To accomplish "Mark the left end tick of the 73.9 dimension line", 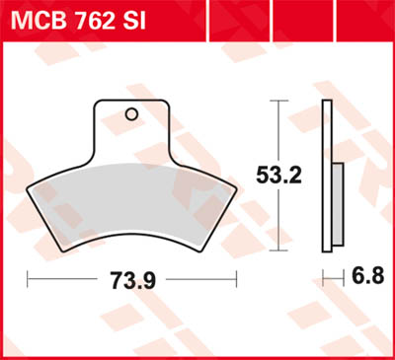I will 28,280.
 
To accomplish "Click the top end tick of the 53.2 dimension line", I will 283,101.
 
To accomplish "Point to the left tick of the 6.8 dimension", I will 323,280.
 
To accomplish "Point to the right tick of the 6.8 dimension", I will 342,280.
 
